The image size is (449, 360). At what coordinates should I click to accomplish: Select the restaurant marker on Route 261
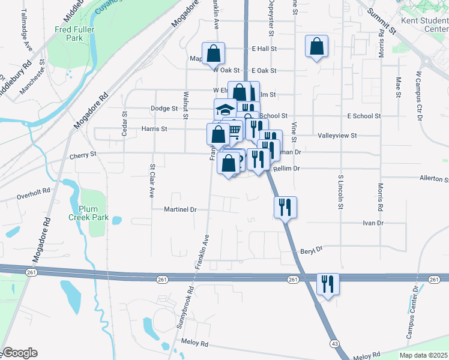(328, 284)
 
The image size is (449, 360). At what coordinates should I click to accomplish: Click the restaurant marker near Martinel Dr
(286, 207)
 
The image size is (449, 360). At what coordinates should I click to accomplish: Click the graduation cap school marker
(225, 109)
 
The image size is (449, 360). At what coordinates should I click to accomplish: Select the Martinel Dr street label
(181, 209)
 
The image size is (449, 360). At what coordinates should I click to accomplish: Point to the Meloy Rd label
(196, 344)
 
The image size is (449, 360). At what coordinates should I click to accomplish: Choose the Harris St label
(154, 128)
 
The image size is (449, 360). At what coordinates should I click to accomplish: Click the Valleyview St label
(337, 136)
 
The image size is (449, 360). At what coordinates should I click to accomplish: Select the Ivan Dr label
(372, 223)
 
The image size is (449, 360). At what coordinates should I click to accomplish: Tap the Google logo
(19, 353)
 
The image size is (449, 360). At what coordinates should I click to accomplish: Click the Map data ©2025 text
(423, 355)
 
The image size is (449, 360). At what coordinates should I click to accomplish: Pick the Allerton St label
(434, 179)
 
